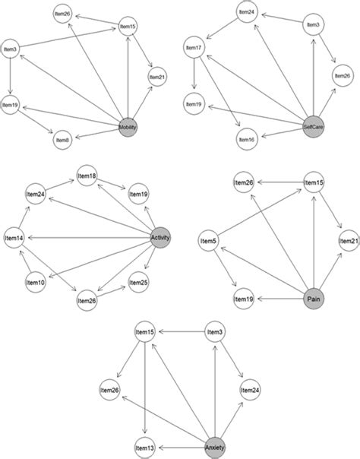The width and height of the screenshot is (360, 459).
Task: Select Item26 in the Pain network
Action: [x=244, y=183]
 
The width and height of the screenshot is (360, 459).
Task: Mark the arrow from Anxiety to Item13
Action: [x=182, y=446]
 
